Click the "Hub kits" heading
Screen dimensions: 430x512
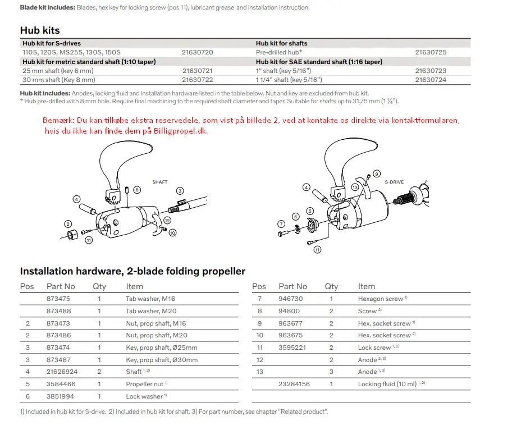(40, 30)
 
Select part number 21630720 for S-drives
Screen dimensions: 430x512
(197, 52)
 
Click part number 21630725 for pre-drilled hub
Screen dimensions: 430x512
(431, 52)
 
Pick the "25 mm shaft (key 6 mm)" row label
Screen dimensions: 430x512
(58, 71)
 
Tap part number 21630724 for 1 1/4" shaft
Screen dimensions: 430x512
(431, 80)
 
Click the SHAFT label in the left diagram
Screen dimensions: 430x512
(160, 182)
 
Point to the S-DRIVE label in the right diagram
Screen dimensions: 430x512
(394, 182)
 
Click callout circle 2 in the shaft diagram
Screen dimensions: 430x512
(67, 224)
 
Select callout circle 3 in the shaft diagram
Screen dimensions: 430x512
(180, 191)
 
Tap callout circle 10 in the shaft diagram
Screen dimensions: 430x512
(172, 232)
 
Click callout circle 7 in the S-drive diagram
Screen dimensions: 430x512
(281, 224)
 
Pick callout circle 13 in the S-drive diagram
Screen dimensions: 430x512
(355, 187)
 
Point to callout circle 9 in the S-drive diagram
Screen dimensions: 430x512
(377, 173)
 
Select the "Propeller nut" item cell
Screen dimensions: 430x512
(145, 384)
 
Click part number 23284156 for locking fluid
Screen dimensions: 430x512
(294, 384)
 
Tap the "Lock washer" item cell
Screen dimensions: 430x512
(144, 396)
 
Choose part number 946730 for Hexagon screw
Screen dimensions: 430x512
(290, 299)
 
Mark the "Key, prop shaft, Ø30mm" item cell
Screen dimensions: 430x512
(161, 360)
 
